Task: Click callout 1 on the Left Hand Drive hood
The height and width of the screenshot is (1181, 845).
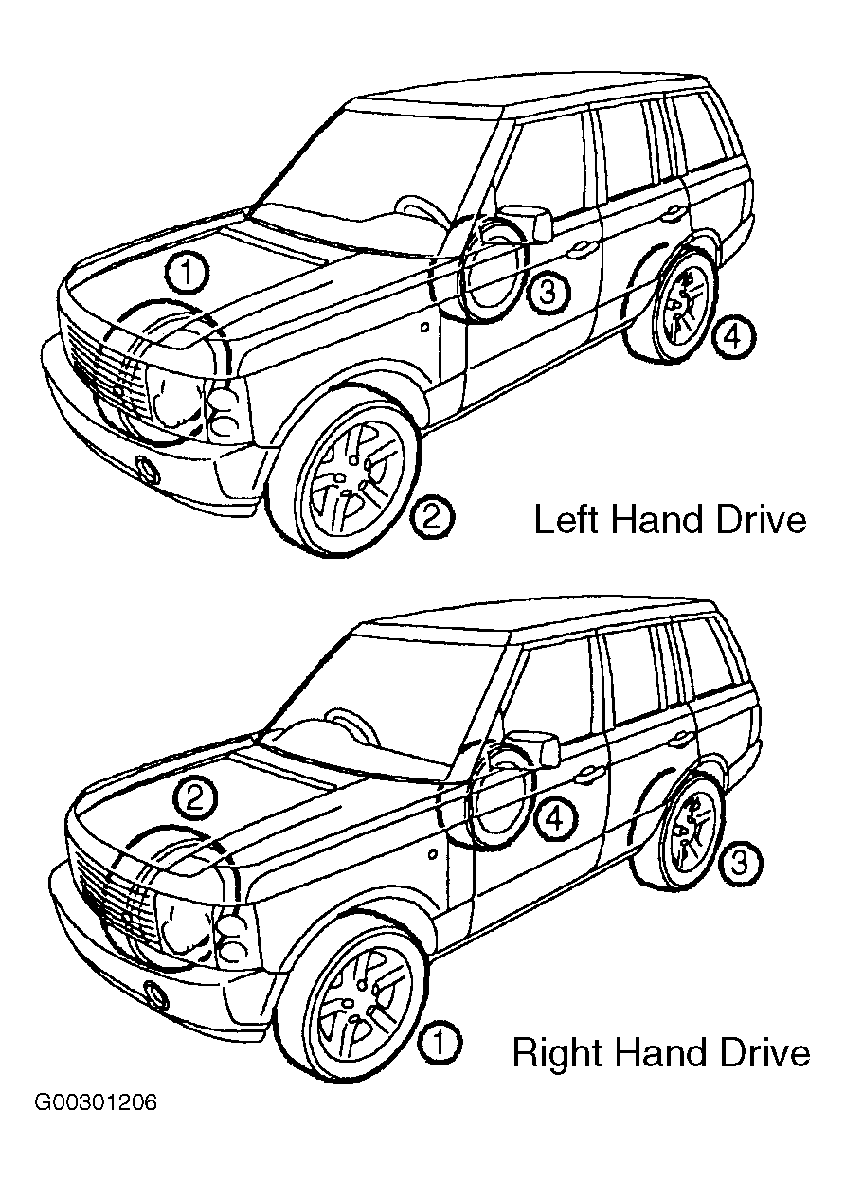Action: [187, 274]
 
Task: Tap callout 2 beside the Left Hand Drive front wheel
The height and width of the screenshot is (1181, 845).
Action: [433, 518]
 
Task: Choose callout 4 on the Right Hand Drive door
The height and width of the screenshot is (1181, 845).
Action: [556, 819]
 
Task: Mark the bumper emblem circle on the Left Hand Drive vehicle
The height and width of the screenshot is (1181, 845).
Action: [148, 468]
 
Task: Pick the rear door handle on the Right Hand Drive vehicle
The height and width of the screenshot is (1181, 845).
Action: [681, 737]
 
